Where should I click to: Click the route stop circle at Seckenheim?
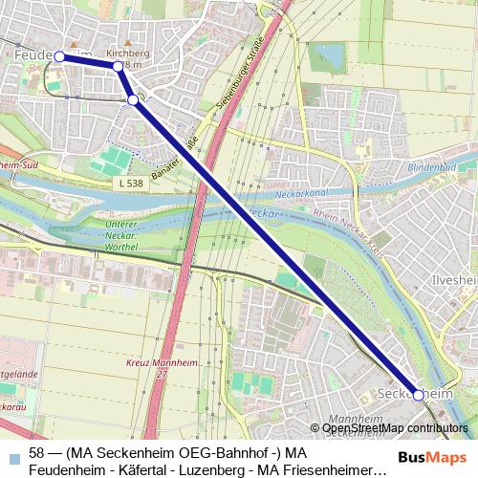pos(419,395)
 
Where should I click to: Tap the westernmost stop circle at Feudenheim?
pos(59,56)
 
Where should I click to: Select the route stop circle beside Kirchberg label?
pos(119,67)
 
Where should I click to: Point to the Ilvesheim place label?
pos(454,280)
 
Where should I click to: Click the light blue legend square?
pos(11,455)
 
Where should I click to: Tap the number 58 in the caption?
pos(37,453)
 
